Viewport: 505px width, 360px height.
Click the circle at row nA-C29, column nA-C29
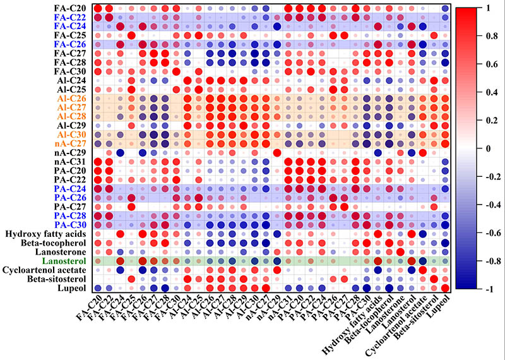[276, 153]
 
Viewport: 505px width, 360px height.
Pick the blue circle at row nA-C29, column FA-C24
[120, 153]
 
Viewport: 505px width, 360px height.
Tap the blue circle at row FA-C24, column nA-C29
[276, 26]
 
